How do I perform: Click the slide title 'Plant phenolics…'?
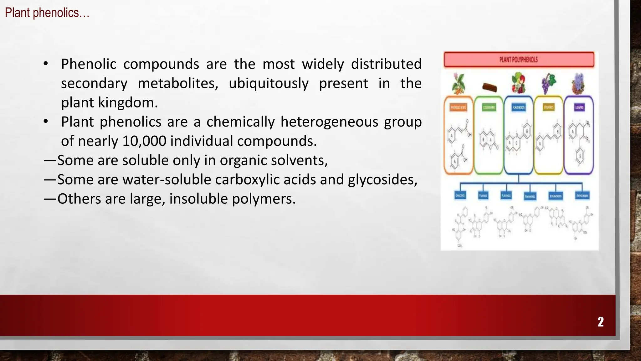click(x=47, y=13)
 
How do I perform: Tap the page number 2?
click(x=600, y=322)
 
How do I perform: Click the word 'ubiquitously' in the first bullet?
click(x=269, y=83)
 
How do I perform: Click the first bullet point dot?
click(x=46, y=64)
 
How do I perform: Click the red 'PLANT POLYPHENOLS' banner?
click(x=519, y=60)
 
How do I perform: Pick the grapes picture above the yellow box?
click(x=548, y=83)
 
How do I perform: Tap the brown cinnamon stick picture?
click(x=489, y=87)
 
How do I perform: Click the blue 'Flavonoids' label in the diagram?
click(x=518, y=107)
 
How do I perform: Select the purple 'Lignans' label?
click(x=579, y=107)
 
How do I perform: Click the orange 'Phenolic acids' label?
click(x=458, y=107)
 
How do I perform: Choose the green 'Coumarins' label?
click(x=489, y=107)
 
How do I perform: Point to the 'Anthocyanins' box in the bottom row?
click(x=582, y=196)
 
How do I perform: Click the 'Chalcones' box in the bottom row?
click(x=460, y=196)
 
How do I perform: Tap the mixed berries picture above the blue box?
click(x=518, y=83)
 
